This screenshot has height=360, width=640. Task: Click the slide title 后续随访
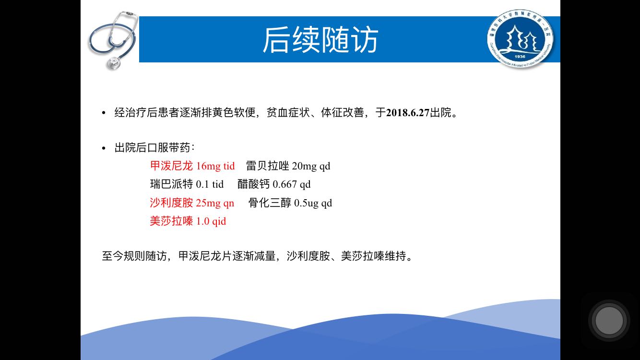[320, 39]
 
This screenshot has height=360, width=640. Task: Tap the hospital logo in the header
[520, 38]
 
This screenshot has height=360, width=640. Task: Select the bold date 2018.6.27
[408, 113]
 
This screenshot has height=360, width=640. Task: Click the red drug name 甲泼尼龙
[171, 166]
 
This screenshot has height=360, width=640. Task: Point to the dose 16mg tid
[215, 166]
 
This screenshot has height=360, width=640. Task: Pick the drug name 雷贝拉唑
[267, 166]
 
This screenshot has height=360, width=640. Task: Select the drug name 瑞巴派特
[171, 184]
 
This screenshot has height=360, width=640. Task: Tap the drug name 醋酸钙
[253, 184]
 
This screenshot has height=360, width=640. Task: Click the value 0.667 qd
[292, 184]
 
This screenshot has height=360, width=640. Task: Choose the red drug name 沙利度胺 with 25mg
[171, 203]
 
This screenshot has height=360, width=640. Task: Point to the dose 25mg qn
[215, 203]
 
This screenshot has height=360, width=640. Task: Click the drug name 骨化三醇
[270, 203]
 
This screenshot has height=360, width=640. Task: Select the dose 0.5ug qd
[313, 203]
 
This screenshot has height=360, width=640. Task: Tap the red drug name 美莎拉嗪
[171, 221]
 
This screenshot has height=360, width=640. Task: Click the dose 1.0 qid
[211, 221]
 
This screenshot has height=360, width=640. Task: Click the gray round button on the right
[609, 321]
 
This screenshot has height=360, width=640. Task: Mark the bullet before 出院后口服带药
[104, 148]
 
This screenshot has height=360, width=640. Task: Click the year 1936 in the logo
[520, 57]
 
